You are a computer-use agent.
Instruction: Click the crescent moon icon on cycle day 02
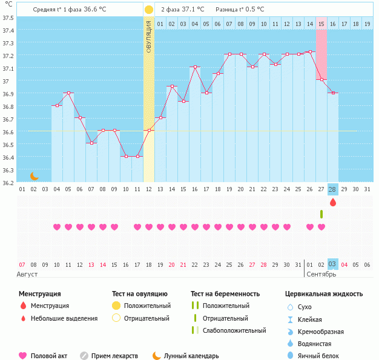[35, 176]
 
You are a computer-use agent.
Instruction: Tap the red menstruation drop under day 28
[332, 202]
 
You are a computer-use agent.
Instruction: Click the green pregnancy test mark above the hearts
[321, 214]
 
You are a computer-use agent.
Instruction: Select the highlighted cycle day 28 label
[332, 189]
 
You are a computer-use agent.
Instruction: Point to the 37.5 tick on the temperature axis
[8, 18]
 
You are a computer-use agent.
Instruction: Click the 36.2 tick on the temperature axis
[8, 182]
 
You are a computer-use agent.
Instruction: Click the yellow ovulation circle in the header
[149, 10]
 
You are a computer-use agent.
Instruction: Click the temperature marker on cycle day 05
[68, 93]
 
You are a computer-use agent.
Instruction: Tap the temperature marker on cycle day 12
[149, 130]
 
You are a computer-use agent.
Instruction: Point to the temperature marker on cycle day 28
[332, 93]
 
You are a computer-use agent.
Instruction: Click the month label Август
[27, 274]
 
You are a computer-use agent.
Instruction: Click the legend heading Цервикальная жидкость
[324, 294]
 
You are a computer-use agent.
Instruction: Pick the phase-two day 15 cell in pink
[321, 24]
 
